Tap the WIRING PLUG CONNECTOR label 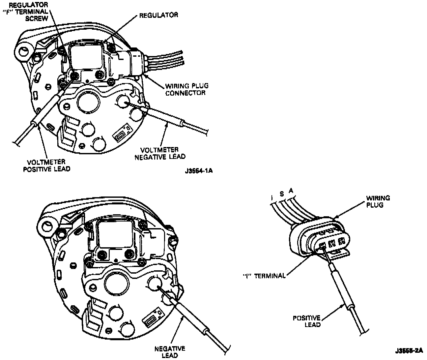pos(186,89)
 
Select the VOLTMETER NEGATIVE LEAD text pos(160,153)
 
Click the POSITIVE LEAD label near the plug pos(307,321)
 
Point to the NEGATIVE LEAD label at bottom pos(170,352)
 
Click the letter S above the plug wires pos(281,194)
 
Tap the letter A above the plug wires pos(291,190)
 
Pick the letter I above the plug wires pos(271,197)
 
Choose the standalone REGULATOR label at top pos(159,15)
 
